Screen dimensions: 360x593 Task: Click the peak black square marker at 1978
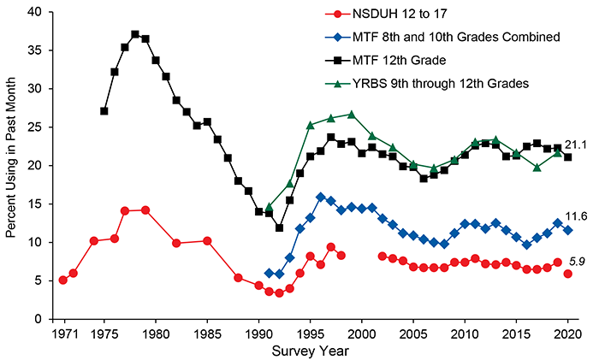[x=135, y=34]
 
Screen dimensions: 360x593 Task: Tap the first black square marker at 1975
[x=104, y=111]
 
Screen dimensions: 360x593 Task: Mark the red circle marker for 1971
[x=63, y=280]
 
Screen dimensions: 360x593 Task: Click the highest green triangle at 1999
[x=351, y=114]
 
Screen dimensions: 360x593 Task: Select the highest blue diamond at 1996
[x=320, y=197]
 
